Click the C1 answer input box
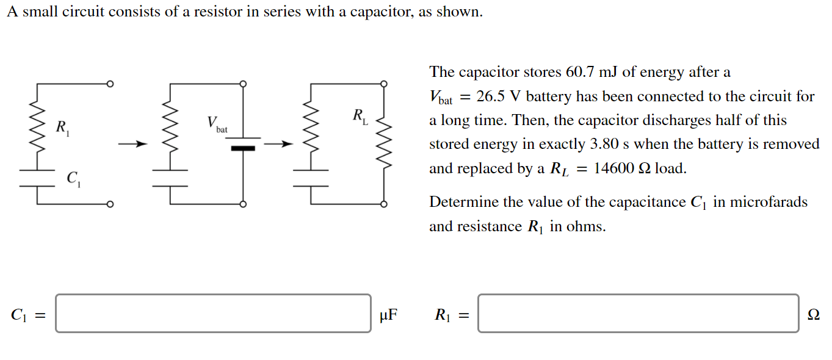tap(213, 314)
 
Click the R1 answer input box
tap(638, 314)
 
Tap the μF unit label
tap(388, 315)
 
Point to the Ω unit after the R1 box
tap(813, 315)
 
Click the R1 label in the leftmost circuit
tap(62, 128)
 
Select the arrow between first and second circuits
tap(133, 145)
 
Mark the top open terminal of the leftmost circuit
tap(110, 84)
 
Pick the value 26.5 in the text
tap(493, 96)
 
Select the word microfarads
tap(770, 202)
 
